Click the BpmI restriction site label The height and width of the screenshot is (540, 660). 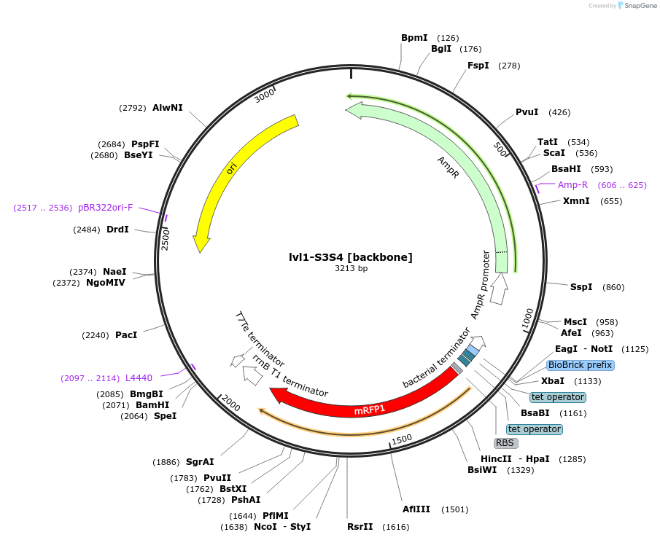[x=414, y=38]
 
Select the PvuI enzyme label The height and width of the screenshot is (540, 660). [x=527, y=112]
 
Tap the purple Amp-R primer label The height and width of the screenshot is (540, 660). [x=572, y=185]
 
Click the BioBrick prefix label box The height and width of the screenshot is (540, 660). [x=581, y=365]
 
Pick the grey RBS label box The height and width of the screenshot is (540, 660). [x=505, y=443]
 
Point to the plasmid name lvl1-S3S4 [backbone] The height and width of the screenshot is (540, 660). [x=351, y=257]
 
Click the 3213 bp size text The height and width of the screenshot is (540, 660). [x=351, y=268]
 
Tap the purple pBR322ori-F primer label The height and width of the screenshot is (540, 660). [x=106, y=208]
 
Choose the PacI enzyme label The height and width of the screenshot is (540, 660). [x=126, y=335]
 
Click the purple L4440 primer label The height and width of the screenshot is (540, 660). [x=139, y=378]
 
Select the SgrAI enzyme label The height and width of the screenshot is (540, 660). [x=200, y=462]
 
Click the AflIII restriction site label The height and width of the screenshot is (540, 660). [x=416, y=509]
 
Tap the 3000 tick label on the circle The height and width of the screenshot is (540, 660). [x=264, y=95]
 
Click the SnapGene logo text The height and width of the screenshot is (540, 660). [x=640, y=6]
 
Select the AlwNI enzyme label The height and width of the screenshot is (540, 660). [x=168, y=108]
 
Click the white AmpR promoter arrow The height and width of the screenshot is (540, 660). [x=500, y=289]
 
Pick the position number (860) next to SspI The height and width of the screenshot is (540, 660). [x=613, y=287]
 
